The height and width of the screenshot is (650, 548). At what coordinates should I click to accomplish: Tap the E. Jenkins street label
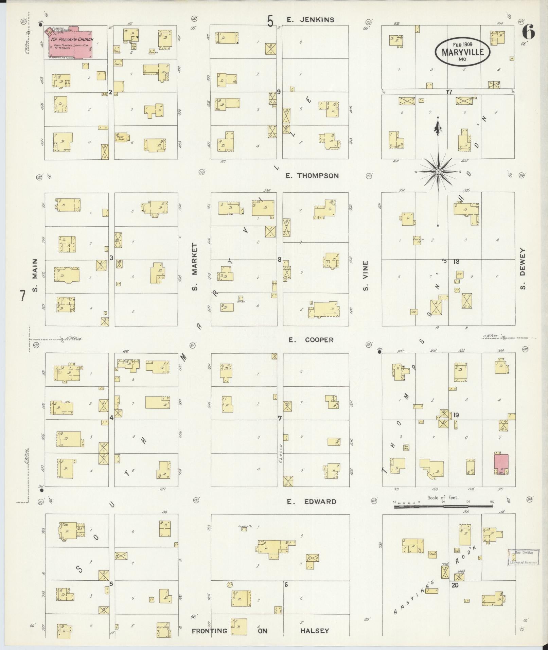(311, 20)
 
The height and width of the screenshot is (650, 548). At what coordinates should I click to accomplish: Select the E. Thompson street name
(312, 176)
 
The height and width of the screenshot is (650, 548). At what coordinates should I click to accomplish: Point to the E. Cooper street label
(311, 340)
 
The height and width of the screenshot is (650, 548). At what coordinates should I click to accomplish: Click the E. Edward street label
(312, 502)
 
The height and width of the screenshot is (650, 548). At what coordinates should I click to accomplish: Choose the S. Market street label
(195, 267)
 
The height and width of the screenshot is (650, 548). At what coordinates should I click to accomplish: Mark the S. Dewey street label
(523, 269)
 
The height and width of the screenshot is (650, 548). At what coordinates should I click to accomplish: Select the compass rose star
(438, 172)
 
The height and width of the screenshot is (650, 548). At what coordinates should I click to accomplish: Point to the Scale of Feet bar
(443, 506)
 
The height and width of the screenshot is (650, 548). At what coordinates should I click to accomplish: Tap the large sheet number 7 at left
(22, 296)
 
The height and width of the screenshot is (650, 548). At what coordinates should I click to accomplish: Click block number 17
(449, 92)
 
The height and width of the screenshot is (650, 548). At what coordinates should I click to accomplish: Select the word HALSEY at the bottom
(314, 631)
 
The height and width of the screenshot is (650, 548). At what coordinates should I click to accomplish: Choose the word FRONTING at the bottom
(209, 631)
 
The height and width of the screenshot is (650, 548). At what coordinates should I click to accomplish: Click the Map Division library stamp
(524, 557)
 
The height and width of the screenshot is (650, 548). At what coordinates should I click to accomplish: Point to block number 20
(455, 585)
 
